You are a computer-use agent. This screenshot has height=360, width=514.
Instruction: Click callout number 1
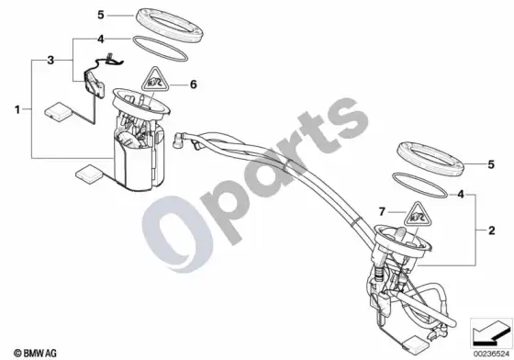pyautogui.click(x=17, y=109)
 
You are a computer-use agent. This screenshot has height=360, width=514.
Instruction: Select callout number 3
pyautogui.click(x=50, y=61)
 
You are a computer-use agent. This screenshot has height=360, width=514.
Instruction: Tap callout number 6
pyautogui.click(x=194, y=84)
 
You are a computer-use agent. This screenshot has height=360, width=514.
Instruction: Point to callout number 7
pyautogui.click(x=382, y=212)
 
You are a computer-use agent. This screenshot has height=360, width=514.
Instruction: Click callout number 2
pyautogui.click(x=491, y=231)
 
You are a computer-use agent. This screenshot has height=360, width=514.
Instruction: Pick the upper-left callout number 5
pyautogui.click(x=101, y=15)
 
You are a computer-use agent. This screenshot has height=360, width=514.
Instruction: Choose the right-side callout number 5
pyautogui.click(x=491, y=164)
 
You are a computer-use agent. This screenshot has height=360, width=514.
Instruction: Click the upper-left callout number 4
pyautogui.click(x=101, y=39)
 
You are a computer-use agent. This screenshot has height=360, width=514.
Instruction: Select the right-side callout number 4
pyautogui.click(x=461, y=195)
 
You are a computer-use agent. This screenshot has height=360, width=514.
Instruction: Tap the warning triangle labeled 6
pyautogui.click(x=155, y=81)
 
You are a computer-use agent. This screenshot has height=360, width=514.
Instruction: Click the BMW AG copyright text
pyautogui.click(x=35, y=354)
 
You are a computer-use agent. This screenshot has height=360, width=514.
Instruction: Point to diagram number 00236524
pyautogui.click(x=491, y=354)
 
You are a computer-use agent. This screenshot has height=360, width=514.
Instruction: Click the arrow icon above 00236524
pyautogui.click(x=490, y=332)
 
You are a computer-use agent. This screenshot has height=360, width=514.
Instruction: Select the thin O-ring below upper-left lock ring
pyautogui.click(x=160, y=49)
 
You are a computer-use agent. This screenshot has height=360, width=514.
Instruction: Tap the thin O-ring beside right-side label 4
pyautogui.click(x=420, y=186)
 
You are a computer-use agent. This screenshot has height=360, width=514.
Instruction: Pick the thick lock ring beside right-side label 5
pyautogui.click(x=430, y=159)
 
